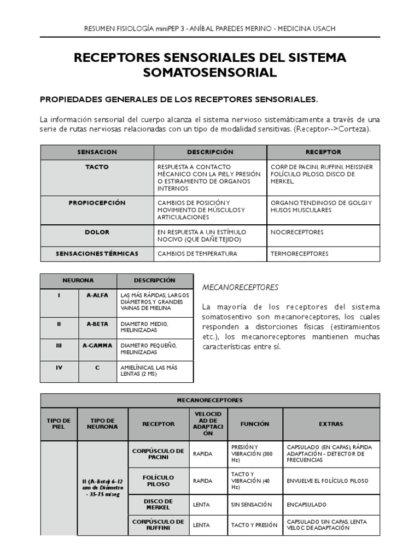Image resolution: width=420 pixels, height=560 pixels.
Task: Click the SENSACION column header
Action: (97, 152)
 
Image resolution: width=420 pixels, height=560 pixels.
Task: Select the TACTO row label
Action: (97, 167)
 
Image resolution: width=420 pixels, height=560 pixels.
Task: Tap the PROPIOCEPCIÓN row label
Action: (97, 203)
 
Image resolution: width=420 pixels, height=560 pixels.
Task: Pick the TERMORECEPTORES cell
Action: (299, 254)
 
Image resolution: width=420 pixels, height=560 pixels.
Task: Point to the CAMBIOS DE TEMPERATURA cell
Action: (197, 254)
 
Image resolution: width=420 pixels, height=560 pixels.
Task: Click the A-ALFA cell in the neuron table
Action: (97, 295)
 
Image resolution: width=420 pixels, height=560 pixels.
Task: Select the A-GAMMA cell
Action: (97, 345)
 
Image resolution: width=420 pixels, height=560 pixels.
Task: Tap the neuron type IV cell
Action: (59, 368)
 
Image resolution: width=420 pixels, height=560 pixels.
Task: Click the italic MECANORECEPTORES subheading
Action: (240, 287)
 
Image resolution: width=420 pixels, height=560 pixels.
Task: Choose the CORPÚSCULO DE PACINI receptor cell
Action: (159, 453)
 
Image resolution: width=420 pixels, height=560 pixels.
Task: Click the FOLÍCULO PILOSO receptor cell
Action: (159, 480)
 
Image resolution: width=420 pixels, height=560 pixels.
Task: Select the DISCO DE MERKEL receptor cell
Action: (159, 504)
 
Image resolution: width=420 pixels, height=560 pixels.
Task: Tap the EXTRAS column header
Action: (330, 424)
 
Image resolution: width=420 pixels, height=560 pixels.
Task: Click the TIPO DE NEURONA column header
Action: (103, 424)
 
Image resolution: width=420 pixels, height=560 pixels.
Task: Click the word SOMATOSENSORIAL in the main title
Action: (210, 73)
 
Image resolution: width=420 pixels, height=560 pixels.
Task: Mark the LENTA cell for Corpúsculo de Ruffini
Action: (201, 525)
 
